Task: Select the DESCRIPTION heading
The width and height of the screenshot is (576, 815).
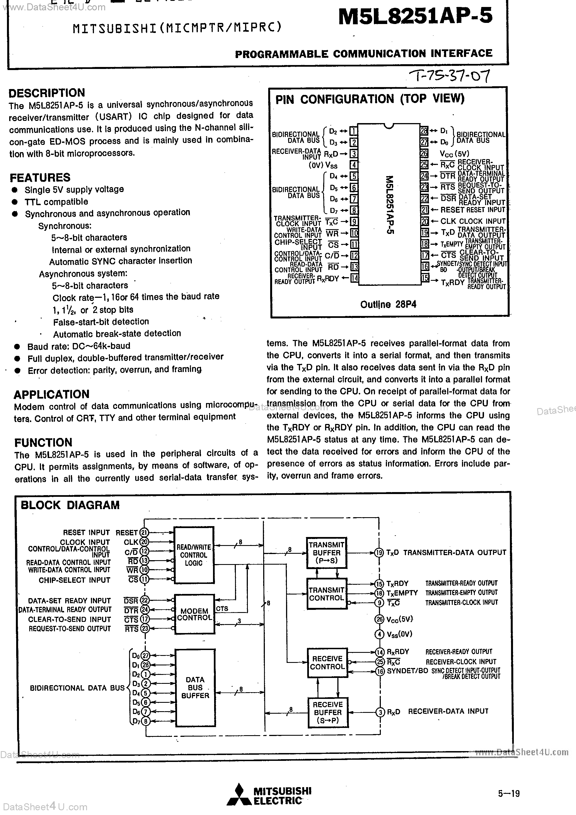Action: [x=47, y=93]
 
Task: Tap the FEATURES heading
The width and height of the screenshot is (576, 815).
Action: [x=40, y=178]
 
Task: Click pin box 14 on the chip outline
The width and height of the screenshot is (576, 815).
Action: [x=354, y=278]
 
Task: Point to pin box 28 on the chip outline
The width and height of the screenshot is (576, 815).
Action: [x=424, y=131]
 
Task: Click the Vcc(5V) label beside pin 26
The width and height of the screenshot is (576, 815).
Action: [x=454, y=154]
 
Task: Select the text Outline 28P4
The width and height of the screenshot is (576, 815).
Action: [x=388, y=305]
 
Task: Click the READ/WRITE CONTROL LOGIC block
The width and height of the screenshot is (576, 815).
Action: [x=194, y=555]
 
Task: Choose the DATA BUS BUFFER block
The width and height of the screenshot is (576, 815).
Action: [x=195, y=687]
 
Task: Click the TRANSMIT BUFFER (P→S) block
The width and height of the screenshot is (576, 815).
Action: [x=326, y=553]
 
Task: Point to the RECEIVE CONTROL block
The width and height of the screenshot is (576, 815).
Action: [x=327, y=663]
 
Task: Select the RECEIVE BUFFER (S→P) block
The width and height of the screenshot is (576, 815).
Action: [x=328, y=712]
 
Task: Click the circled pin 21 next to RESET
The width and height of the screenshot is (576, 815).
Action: [x=144, y=533]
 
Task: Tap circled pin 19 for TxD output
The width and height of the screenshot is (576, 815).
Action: [x=379, y=553]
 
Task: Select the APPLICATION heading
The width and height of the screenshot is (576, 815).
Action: [x=51, y=394]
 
